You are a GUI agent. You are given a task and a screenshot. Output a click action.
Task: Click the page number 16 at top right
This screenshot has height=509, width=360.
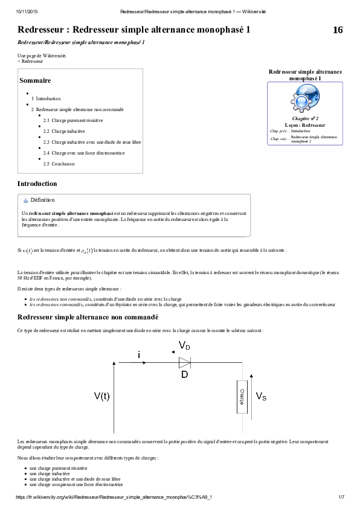(x=338, y=30)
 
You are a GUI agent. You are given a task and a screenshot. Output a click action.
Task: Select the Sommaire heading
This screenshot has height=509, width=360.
(x=35, y=80)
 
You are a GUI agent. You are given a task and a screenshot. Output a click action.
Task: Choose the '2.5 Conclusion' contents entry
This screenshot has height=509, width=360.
(x=59, y=164)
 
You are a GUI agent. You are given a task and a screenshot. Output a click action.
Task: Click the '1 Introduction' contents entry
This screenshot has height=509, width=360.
(x=46, y=98)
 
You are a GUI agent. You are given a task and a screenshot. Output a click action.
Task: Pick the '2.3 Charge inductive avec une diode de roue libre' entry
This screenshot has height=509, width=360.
(x=92, y=142)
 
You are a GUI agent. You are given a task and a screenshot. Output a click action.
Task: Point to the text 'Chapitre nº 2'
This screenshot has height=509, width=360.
(x=305, y=120)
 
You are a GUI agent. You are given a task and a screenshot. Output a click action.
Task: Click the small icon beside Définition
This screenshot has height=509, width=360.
(x=25, y=200)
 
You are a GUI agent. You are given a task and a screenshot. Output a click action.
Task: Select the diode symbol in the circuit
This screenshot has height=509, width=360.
(x=184, y=362)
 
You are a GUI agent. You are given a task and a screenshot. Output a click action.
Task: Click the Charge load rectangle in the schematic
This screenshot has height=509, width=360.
(x=242, y=397)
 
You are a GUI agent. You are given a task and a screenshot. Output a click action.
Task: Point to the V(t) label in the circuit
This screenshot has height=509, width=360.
(x=101, y=396)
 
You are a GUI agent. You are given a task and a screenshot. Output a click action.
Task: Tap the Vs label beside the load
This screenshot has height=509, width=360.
(x=262, y=397)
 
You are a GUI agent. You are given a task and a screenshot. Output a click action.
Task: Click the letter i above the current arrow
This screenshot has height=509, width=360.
(x=140, y=356)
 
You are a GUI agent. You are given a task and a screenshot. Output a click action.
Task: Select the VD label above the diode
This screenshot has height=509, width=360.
(x=184, y=345)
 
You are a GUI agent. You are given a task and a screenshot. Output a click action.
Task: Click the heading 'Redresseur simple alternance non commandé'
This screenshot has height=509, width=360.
(x=88, y=317)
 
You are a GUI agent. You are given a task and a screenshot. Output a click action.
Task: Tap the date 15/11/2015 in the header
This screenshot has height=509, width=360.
(x=27, y=11)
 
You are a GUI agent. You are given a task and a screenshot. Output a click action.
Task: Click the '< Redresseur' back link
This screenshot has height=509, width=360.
(x=30, y=62)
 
